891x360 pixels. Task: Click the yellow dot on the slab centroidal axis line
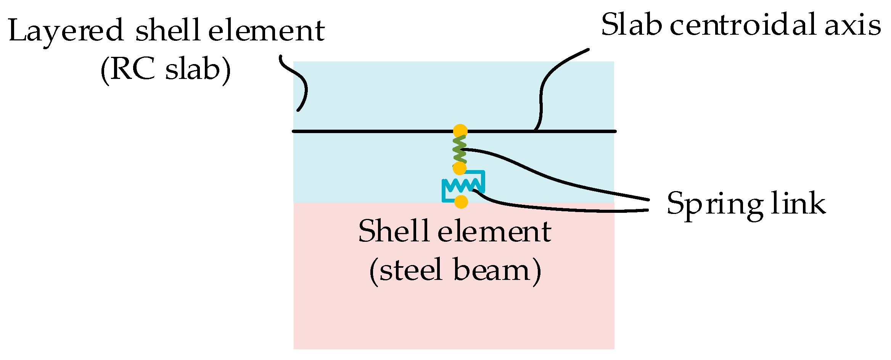(x=460, y=131)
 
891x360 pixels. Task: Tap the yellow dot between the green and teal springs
(x=460, y=168)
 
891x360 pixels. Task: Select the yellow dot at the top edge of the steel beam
(x=461, y=202)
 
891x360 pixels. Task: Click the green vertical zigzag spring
(x=460, y=149)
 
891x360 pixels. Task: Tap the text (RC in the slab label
(x=128, y=70)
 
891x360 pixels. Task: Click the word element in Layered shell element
(x=266, y=31)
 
